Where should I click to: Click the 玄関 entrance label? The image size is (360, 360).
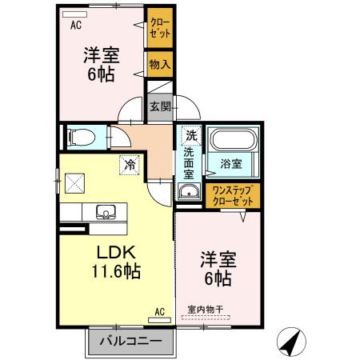tap(158, 106)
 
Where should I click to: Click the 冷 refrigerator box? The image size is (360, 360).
tap(129, 166)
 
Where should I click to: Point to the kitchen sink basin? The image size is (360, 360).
tap(106, 213)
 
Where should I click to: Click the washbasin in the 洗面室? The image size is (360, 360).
tap(190, 191)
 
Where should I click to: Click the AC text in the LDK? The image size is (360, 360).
tap(158, 310)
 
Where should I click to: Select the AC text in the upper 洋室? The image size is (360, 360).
tap(75, 24)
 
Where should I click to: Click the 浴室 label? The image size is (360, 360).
tap(231, 165)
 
